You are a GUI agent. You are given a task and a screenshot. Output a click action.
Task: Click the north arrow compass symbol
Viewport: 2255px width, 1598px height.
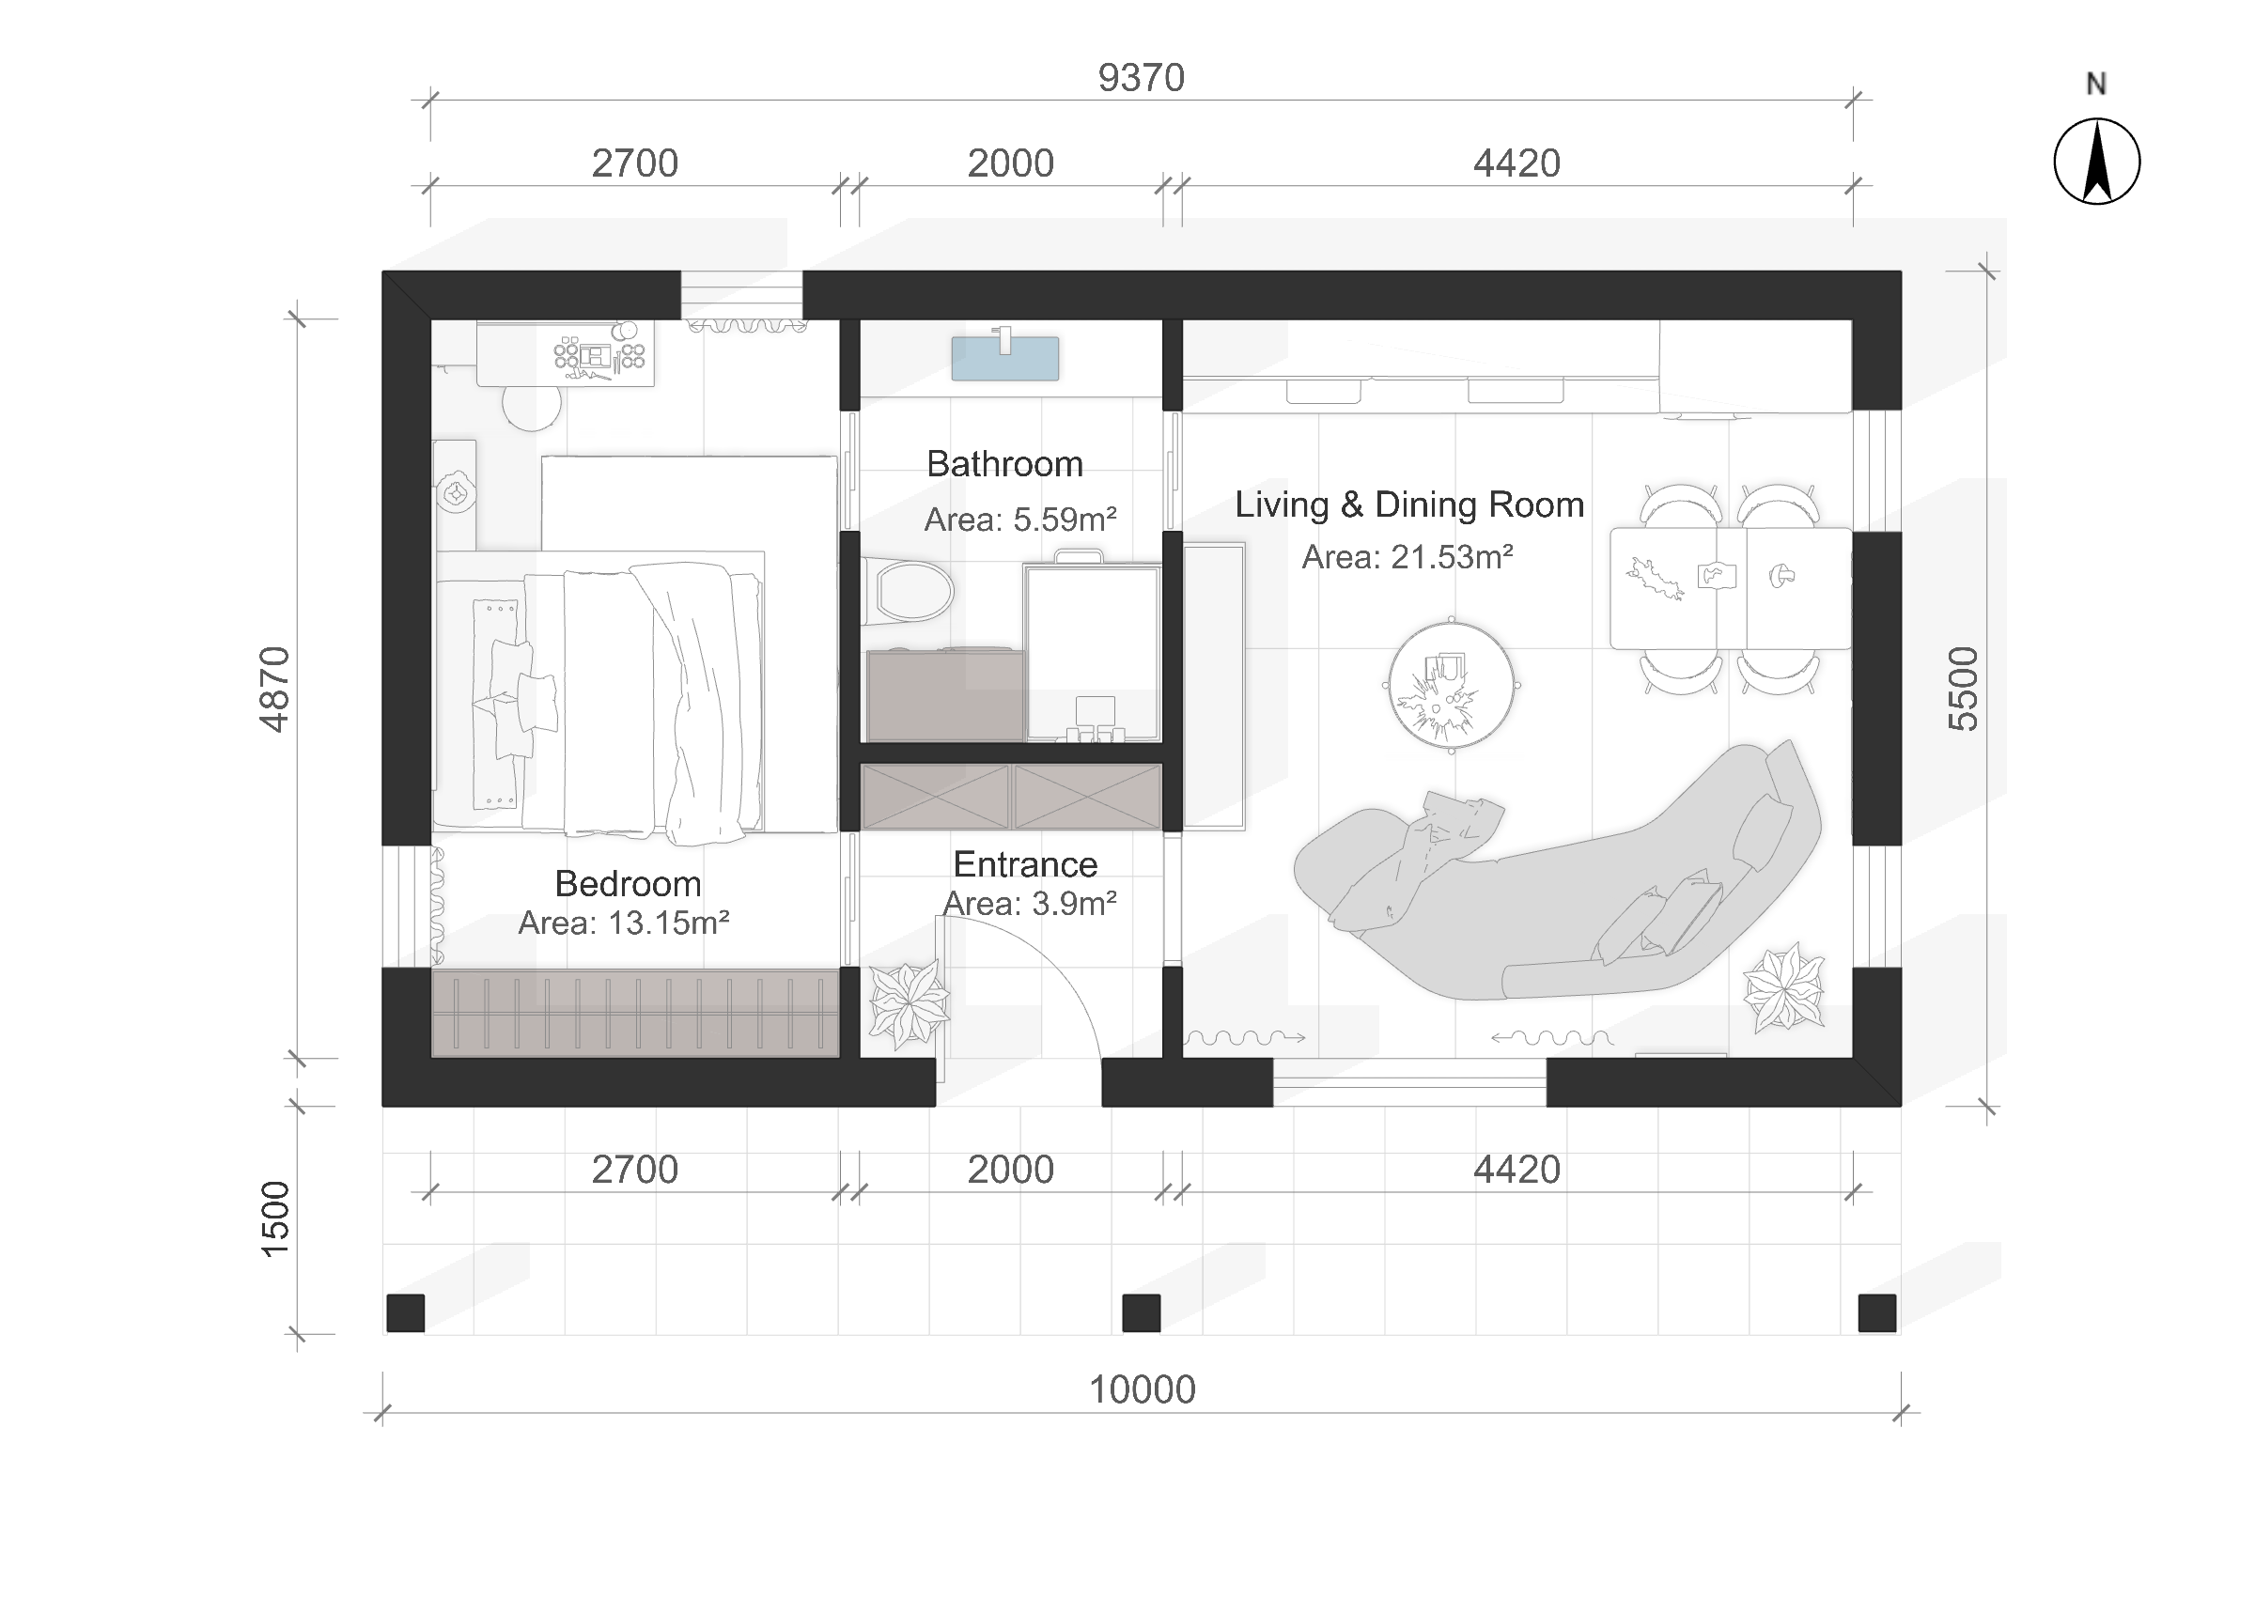point(2096,162)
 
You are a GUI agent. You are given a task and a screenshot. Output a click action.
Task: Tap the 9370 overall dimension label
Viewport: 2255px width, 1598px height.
point(1142,78)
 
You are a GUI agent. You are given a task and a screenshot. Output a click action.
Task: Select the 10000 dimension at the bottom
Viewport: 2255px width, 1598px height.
point(1143,1389)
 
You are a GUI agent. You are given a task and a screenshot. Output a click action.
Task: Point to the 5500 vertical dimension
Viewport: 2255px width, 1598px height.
point(1963,689)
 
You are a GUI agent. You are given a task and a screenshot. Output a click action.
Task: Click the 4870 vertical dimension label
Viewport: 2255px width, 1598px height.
point(274,689)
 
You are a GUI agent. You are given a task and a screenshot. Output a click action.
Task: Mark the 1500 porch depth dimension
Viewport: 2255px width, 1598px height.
point(274,1219)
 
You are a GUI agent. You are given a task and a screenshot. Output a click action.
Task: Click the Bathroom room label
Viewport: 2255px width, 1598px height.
point(1004,463)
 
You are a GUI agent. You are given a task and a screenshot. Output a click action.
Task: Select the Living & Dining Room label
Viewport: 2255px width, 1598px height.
point(1408,504)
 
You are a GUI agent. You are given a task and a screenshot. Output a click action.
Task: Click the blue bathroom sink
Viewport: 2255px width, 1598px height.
point(1004,356)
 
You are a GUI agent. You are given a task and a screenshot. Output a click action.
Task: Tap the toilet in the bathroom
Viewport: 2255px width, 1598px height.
point(908,591)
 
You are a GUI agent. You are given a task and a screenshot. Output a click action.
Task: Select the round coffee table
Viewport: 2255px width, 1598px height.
point(1452,686)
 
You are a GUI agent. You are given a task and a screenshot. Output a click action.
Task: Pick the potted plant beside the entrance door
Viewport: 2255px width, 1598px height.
point(907,1004)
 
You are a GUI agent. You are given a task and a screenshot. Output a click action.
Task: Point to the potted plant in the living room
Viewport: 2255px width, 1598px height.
point(1783,987)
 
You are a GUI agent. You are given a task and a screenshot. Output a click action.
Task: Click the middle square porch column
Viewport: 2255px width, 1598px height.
point(1142,1312)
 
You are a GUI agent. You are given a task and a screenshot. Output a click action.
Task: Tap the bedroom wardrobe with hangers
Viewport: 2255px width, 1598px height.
point(635,1014)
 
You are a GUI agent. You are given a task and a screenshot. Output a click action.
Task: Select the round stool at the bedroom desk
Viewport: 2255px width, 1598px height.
point(531,407)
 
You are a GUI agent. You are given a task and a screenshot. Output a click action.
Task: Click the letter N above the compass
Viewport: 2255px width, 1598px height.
point(2096,85)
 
